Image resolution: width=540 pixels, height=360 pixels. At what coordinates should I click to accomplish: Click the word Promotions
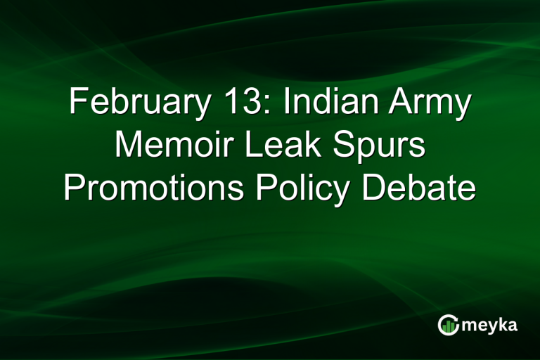coord(152,189)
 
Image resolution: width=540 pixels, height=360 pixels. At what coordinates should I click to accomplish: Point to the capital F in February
coord(77,104)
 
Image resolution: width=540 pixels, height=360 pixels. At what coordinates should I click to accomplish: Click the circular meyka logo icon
coord(447,325)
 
